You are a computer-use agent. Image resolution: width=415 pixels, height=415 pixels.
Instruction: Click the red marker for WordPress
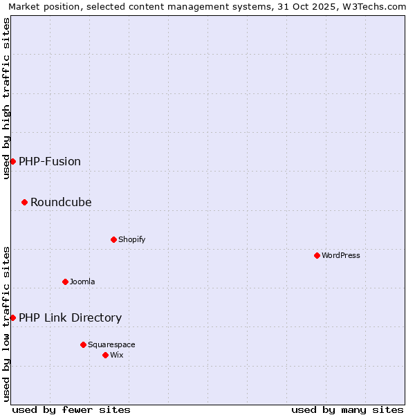[x=317, y=255]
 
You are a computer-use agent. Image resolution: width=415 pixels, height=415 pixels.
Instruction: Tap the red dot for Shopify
[x=113, y=239]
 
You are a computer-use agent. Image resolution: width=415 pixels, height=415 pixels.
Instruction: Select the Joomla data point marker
[x=65, y=282]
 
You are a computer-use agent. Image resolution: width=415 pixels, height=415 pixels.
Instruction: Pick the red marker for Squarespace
[x=83, y=344]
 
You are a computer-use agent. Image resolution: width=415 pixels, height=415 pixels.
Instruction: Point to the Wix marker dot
[x=105, y=355]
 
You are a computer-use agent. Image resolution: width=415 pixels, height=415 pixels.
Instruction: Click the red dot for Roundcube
[x=24, y=202]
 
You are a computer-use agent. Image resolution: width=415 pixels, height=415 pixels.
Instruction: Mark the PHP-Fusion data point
[x=12, y=161]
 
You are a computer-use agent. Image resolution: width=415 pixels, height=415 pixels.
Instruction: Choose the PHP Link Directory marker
[x=12, y=317]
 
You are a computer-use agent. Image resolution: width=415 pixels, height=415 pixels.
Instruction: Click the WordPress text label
[x=341, y=255]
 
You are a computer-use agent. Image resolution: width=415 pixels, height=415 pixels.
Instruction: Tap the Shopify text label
[x=131, y=239]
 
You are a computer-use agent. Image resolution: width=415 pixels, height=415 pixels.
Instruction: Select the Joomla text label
[x=82, y=282]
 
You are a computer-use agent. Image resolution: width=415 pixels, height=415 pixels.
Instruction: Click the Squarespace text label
[x=111, y=344]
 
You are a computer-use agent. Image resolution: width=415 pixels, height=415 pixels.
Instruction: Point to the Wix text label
[x=117, y=355]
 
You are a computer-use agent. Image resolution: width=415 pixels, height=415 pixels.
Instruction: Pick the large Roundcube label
[x=61, y=202]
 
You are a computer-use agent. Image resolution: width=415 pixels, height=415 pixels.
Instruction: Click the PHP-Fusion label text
[x=50, y=161]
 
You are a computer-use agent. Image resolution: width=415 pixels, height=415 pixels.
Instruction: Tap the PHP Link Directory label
[x=70, y=317]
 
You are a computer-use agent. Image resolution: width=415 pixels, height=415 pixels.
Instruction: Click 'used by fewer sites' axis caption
[x=71, y=409]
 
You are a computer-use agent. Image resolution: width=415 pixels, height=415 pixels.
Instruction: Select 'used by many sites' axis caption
[x=347, y=409]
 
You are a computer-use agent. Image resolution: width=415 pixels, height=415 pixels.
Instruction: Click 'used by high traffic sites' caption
[x=6, y=98]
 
